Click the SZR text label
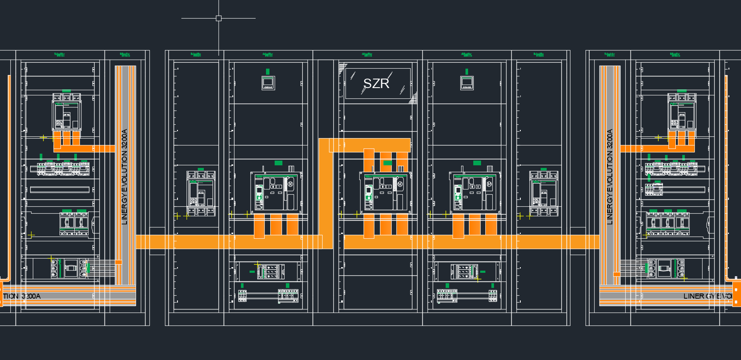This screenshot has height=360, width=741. [376, 83]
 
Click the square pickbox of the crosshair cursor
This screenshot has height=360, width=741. [218, 18]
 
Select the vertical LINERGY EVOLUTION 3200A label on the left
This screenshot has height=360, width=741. [125, 177]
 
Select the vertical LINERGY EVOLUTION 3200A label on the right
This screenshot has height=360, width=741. [610, 177]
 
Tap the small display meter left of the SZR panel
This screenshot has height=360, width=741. [268, 82]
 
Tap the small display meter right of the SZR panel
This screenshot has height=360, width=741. [467, 82]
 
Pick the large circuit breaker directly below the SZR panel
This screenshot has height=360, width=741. [385, 193]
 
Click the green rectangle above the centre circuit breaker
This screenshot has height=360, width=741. [387, 163]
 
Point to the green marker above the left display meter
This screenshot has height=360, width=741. [268, 71]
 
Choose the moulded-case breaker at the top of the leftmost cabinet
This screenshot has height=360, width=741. [66, 112]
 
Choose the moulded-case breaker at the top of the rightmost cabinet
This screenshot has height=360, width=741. [682, 112]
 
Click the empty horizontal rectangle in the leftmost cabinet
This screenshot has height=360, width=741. [60, 189]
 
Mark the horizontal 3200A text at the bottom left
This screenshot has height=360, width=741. [31, 296]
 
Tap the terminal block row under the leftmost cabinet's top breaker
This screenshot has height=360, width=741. [60, 168]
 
